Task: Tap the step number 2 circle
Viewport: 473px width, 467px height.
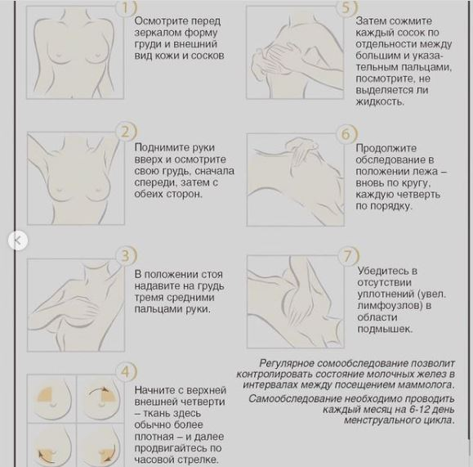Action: [x=126, y=132]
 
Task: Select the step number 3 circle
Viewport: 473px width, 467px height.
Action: [x=126, y=256]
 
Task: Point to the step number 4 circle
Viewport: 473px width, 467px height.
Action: [x=126, y=372]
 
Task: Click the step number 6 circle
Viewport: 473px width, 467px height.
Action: [x=346, y=134]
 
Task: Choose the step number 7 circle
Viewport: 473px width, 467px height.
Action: [x=348, y=256]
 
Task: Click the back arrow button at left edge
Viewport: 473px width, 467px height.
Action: [x=18, y=240]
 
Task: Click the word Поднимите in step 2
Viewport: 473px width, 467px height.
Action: [x=160, y=148]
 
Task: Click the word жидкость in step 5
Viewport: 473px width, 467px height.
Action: [x=380, y=101]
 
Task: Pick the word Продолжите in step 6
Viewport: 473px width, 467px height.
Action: [x=386, y=149]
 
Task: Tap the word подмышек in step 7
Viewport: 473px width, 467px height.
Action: [x=385, y=329]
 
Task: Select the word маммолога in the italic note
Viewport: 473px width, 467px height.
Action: [x=426, y=385]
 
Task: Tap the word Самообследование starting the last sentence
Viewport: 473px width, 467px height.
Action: [x=294, y=399]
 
